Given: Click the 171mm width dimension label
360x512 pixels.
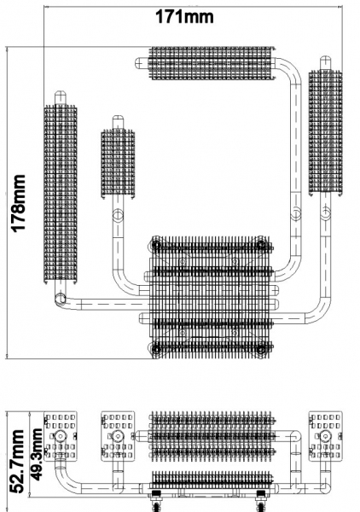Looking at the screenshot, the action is pyautogui.click(x=184, y=16).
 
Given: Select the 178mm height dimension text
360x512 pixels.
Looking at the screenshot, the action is pyautogui.click(x=19, y=203).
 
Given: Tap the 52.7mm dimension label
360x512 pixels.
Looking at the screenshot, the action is pyautogui.click(x=17, y=461).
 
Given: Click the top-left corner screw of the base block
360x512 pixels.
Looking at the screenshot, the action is pyautogui.click(x=156, y=244).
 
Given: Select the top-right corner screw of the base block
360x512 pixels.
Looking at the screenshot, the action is pyautogui.click(x=261, y=244).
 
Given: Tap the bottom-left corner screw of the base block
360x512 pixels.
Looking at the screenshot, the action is pyautogui.click(x=156, y=349).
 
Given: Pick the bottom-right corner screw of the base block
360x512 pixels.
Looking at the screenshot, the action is pyautogui.click(x=261, y=349).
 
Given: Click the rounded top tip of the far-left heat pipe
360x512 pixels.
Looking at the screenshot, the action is pyautogui.click(x=61, y=93).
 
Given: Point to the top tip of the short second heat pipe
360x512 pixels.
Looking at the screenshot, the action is pyautogui.click(x=118, y=118).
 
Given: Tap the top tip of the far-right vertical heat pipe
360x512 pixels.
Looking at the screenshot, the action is pyautogui.click(x=325, y=59).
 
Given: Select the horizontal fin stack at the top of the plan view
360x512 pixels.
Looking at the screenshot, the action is pyautogui.click(x=212, y=63).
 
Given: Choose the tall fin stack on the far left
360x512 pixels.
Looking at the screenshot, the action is pyautogui.click(x=61, y=195).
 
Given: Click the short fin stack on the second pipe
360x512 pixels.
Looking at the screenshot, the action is pyautogui.click(x=118, y=164).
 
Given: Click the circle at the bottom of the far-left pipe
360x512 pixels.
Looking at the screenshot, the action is pyautogui.click(x=61, y=299).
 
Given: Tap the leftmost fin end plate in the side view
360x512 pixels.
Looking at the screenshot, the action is pyautogui.click(x=61, y=436).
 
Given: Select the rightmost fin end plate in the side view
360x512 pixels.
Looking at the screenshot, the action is pyautogui.click(x=325, y=436).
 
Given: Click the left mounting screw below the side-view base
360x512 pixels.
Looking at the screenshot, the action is pyautogui.click(x=156, y=501).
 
